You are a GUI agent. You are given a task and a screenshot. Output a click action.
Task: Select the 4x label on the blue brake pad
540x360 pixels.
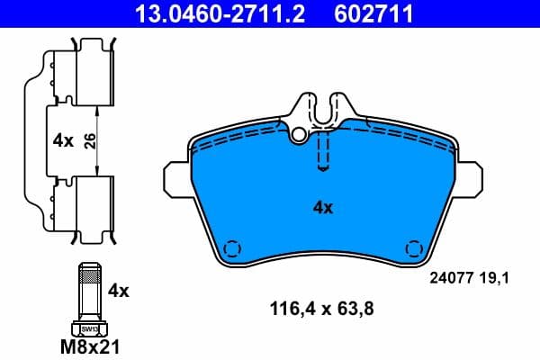pyautogui.click(x=322, y=207)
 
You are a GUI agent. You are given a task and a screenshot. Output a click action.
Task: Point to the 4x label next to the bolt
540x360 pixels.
pyautogui.click(x=119, y=291)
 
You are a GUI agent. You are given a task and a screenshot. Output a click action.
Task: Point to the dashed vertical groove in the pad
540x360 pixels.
pyautogui.click(x=322, y=148)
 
